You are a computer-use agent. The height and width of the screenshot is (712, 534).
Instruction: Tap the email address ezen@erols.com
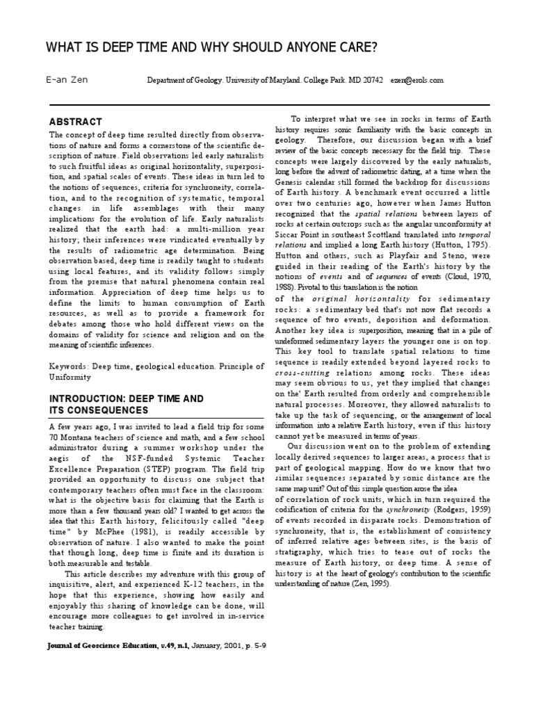[416, 81]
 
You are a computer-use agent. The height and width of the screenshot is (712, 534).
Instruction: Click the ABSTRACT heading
[75, 121]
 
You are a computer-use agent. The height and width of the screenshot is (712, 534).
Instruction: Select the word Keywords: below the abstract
[70, 366]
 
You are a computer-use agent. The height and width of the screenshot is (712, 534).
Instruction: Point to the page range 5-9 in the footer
[258, 645]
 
